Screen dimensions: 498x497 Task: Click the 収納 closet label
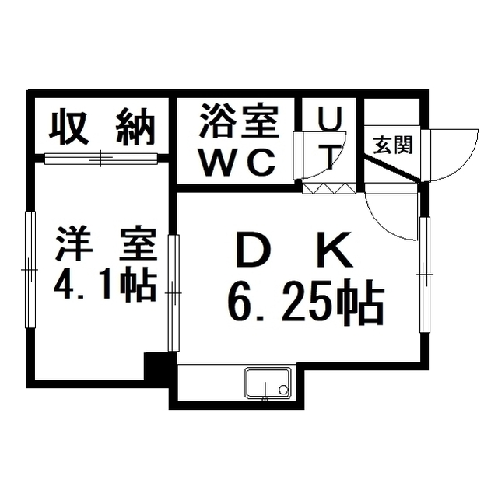point(101,127)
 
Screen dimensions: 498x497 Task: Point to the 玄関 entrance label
point(393,145)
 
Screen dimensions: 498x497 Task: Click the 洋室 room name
point(106,243)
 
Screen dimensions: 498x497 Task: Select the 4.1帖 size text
point(105,285)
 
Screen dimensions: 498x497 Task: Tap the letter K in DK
point(335,250)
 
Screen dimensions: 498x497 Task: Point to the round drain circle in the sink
point(282,389)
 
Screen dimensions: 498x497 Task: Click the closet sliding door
point(101,159)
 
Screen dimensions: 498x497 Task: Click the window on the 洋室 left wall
point(30,270)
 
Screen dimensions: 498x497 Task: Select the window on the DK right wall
point(425,275)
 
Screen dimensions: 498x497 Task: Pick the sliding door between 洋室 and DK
point(174,292)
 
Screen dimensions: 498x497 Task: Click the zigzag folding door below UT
point(328,188)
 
